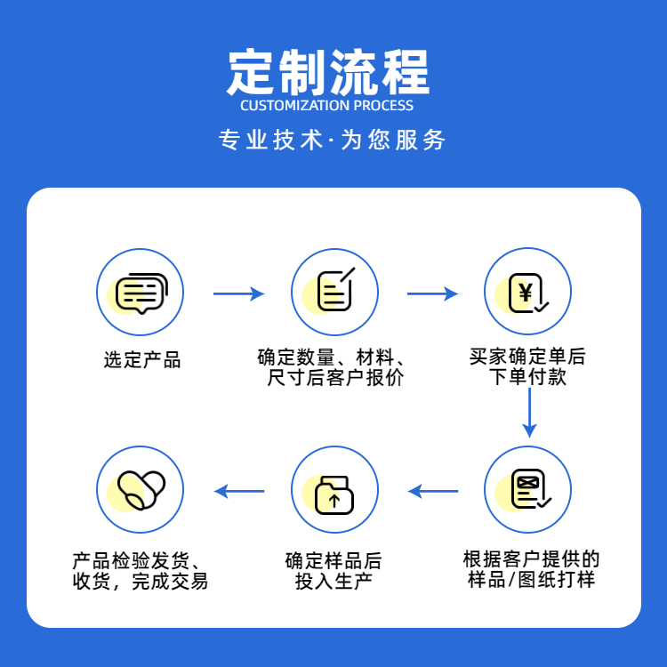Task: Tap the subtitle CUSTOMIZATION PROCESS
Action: (327, 106)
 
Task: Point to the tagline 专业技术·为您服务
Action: (333, 141)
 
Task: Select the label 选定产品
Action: (142, 360)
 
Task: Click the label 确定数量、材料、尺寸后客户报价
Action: (333, 368)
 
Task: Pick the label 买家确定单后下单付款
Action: (528, 367)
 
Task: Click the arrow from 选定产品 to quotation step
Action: (238, 293)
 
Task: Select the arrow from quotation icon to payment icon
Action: (432, 293)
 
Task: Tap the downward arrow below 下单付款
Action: (529, 413)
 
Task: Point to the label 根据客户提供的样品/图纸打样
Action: (531, 570)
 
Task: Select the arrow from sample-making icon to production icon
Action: (433, 490)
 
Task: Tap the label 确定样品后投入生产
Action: (333, 571)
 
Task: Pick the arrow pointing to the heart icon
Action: (239, 490)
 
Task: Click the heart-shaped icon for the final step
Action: (140, 490)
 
